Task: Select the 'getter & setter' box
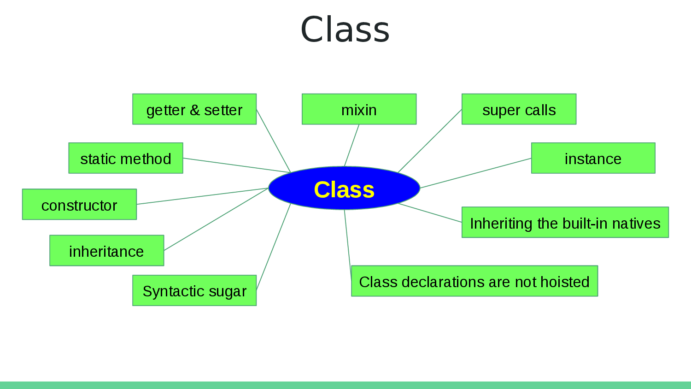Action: point(194,109)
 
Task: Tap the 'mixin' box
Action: point(359,109)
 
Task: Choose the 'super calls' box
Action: point(519,109)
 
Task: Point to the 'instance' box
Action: point(593,158)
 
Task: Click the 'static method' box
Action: point(125,158)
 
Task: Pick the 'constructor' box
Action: point(79,204)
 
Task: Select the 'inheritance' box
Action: point(106,250)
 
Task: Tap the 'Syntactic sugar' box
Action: point(194,290)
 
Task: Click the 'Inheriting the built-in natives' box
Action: point(565,222)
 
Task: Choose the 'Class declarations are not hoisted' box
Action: point(474,281)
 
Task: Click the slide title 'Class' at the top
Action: point(345,29)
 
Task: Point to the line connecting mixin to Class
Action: point(351,146)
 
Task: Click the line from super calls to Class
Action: point(430,141)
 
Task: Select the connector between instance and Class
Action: point(475,173)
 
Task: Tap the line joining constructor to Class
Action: point(203,196)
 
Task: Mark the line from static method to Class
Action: point(236,165)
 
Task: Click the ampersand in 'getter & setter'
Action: point(194,110)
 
